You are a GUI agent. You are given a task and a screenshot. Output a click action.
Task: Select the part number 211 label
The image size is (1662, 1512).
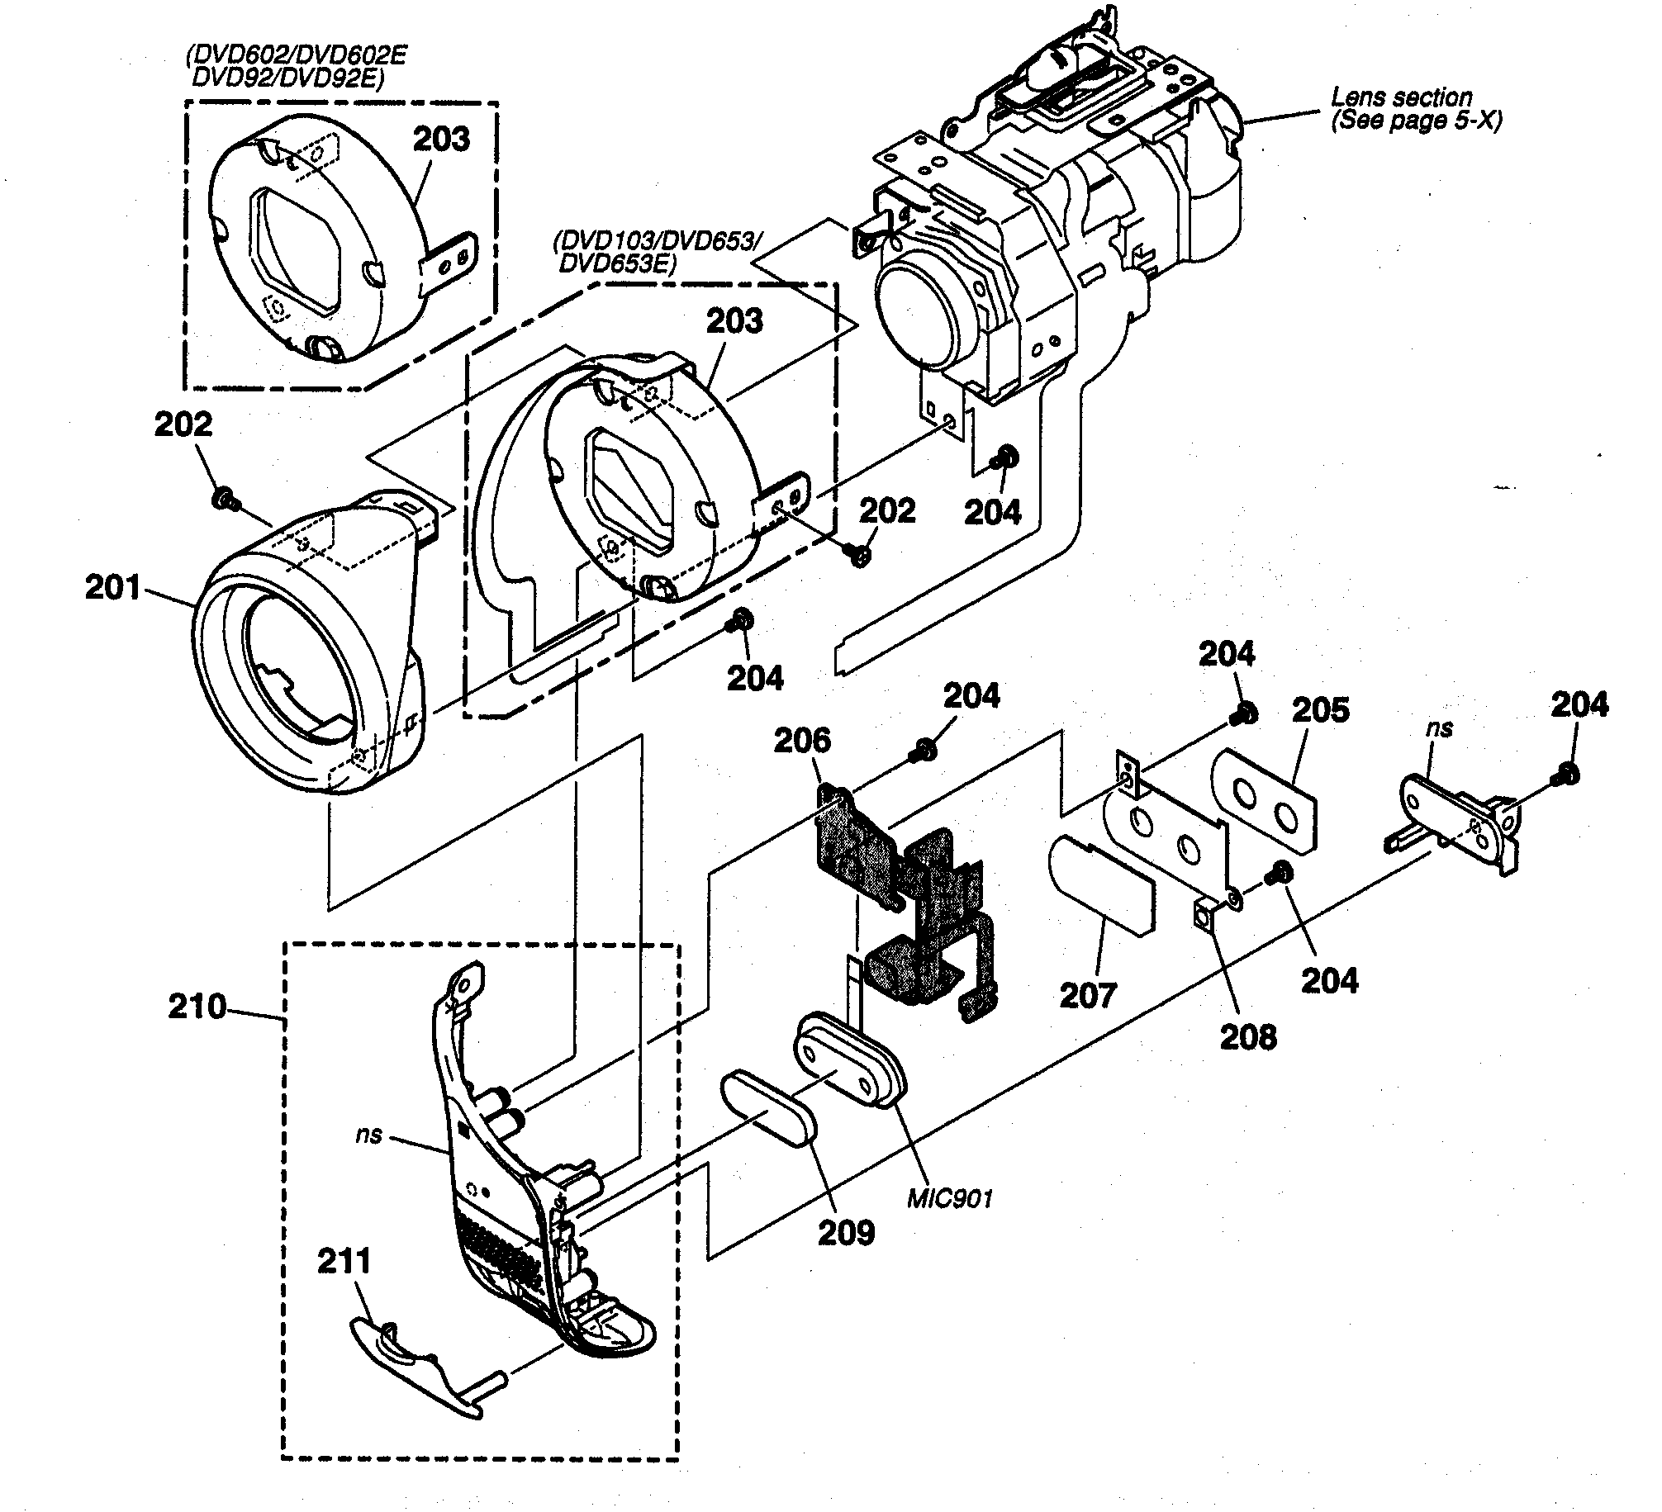point(344,1262)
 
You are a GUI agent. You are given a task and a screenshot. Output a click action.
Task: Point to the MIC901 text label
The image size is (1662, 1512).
point(949,1197)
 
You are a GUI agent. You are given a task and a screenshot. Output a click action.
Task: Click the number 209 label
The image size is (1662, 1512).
point(846,1232)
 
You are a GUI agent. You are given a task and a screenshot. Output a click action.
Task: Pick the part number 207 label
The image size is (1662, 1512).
point(1088,995)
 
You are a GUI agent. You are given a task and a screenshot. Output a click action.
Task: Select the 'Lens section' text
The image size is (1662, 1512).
point(1401,97)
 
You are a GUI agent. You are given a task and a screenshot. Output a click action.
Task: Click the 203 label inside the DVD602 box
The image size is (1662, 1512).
point(441,139)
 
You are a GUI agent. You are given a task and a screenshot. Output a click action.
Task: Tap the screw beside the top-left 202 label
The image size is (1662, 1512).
point(222,498)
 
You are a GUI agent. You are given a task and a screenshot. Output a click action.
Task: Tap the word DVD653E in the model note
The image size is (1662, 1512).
point(618,265)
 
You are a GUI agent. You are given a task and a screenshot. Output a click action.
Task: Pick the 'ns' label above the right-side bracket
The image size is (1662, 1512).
point(1438,728)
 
